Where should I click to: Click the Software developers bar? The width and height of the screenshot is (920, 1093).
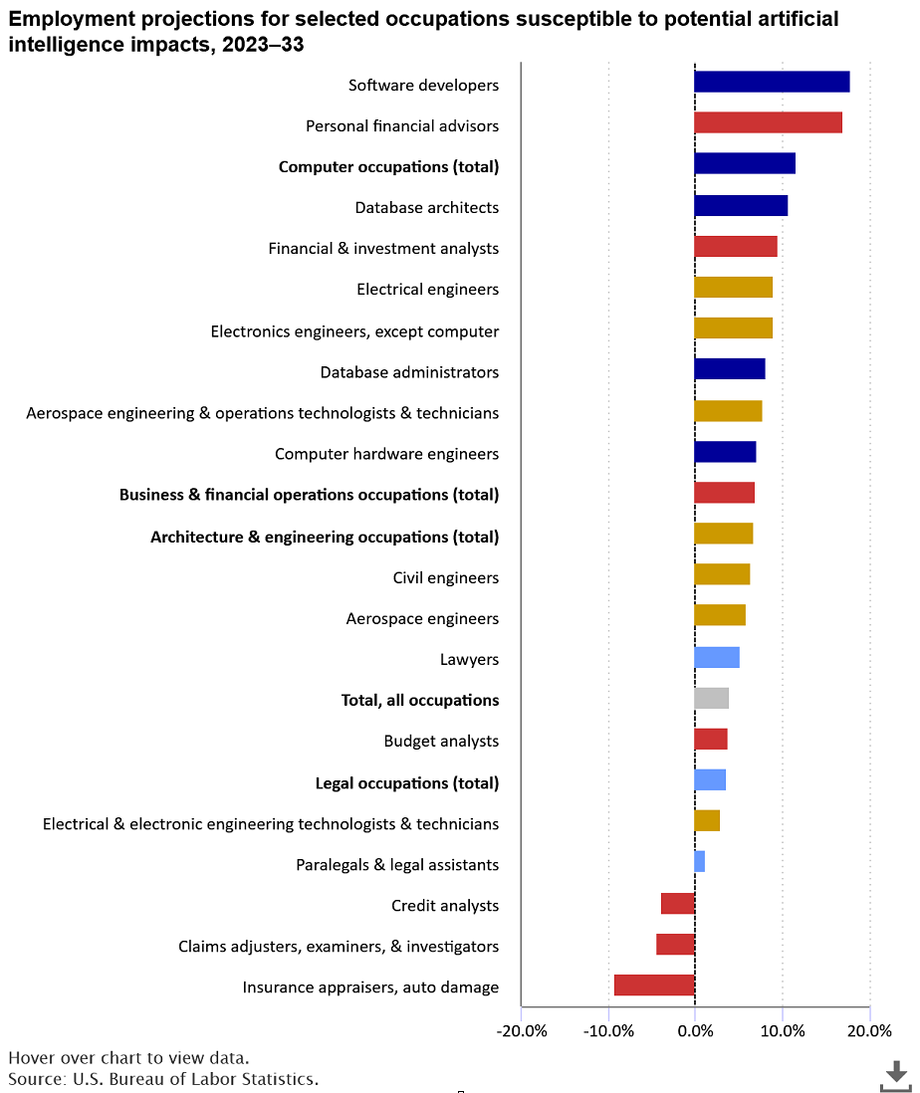(x=773, y=82)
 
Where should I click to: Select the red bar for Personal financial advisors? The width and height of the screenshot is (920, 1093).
(x=768, y=122)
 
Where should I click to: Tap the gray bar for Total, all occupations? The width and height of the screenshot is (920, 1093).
(x=712, y=698)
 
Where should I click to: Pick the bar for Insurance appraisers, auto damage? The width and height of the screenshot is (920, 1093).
(x=654, y=984)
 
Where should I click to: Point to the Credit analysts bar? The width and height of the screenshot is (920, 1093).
(x=677, y=904)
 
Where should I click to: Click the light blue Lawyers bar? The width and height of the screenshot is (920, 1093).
(x=717, y=657)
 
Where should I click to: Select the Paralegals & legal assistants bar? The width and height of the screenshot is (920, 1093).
(x=700, y=862)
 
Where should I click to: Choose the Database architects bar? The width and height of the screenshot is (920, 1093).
(x=742, y=206)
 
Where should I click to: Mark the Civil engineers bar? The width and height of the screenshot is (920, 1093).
(x=722, y=574)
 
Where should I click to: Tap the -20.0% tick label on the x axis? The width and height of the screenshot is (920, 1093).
(x=522, y=1031)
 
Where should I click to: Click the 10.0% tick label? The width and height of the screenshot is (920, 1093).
(x=783, y=1031)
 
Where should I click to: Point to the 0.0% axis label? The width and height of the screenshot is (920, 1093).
(x=696, y=1031)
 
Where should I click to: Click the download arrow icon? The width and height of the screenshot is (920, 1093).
(x=896, y=1075)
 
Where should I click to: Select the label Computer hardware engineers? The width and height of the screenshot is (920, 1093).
(x=386, y=454)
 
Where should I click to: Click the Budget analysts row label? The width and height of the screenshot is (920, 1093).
(x=441, y=741)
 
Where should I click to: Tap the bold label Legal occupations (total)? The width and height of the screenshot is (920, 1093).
(x=407, y=782)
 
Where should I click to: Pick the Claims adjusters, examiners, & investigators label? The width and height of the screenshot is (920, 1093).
(x=339, y=947)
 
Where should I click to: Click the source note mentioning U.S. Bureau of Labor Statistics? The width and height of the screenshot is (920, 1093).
(x=163, y=1079)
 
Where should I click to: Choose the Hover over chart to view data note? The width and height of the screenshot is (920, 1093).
(x=128, y=1058)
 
